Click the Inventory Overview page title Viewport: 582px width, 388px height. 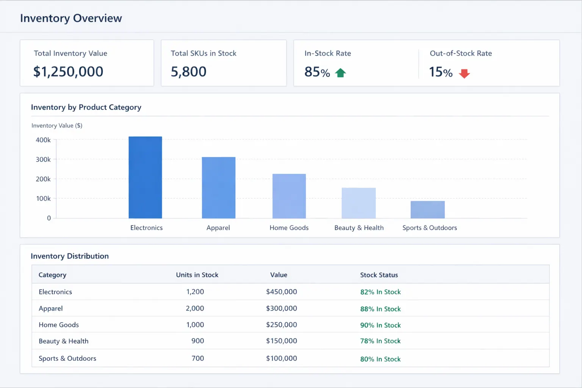click(x=71, y=18)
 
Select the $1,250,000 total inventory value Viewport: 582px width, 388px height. click(x=68, y=72)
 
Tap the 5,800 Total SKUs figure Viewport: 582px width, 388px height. click(x=188, y=72)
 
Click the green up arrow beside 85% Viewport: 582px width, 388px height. click(x=340, y=73)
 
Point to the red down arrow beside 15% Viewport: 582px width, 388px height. click(x=464, y=73)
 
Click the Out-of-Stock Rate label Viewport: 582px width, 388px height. click(x=460, y=53)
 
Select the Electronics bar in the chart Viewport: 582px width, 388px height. click(x=145, y=177)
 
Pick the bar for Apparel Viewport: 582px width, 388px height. click(x=218, y=188)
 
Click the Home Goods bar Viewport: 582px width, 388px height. click(x=289, y=196)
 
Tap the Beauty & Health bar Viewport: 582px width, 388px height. click(x=358, y=203)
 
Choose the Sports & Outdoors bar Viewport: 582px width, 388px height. click(x=427, y=210)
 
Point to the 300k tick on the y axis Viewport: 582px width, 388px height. click(x=43, y=160)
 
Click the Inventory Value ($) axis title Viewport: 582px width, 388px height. click(x=57, y=125)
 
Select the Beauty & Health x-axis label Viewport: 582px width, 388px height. click(x=359, y=228)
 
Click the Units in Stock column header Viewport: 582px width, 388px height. click(x=197, y=275)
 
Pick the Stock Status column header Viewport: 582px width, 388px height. click(x=379, y=275)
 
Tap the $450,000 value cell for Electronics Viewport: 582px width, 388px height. click(x=281, y=292)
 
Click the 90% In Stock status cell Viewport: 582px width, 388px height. click(x=380, y=325)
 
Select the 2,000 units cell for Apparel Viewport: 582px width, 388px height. click(x=195, y=308)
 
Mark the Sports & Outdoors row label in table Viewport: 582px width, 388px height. click(x=67, y=358)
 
